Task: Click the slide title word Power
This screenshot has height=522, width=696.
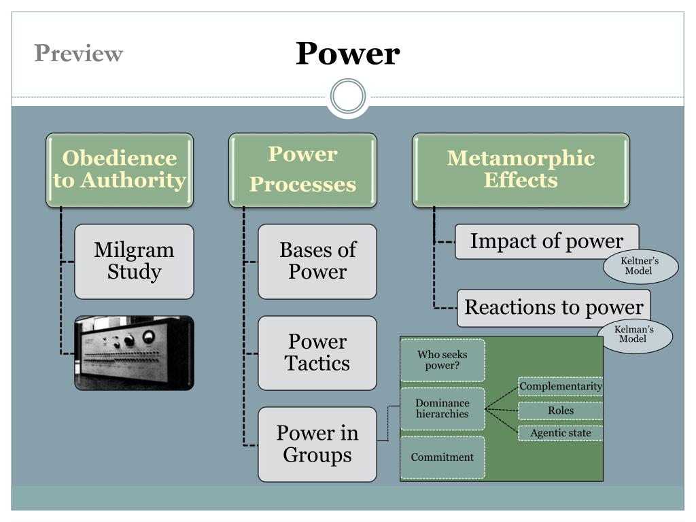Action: [347, 54]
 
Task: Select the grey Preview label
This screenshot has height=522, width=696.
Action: [79, 53]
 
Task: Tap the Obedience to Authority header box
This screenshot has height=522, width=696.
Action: [120, 170]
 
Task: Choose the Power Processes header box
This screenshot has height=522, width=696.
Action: [302, 170]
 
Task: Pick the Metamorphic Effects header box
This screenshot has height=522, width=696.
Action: [521, 170]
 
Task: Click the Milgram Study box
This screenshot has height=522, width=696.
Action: [134, 261]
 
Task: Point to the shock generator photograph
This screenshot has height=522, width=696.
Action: [134, 353]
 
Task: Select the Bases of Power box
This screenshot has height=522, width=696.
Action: [317, 261]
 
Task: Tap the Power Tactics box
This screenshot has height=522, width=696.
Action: [317, 353]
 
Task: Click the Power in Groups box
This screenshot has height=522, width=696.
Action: [317, 445]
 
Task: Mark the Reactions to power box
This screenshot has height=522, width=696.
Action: [553, 307]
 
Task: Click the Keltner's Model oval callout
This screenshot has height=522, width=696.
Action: [640, 266]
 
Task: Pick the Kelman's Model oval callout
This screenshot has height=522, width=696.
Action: [635, 335]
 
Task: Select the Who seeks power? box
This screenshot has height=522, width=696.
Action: [442, 360]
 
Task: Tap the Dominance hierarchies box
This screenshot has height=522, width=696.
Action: [442, 408]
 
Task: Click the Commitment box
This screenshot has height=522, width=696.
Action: [442, 457]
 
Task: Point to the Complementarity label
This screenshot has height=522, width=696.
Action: [561, 387]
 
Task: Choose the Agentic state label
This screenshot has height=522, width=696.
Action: [561, 433]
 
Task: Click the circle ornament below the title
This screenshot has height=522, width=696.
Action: [348, 97]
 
